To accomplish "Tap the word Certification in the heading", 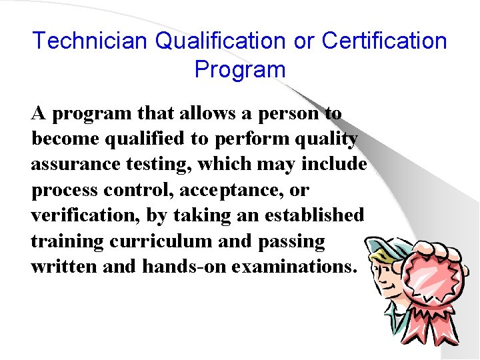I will (384, 41).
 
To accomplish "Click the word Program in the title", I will (240, 69).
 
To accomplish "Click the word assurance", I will (75, 164).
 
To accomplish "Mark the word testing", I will (163, 164).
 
